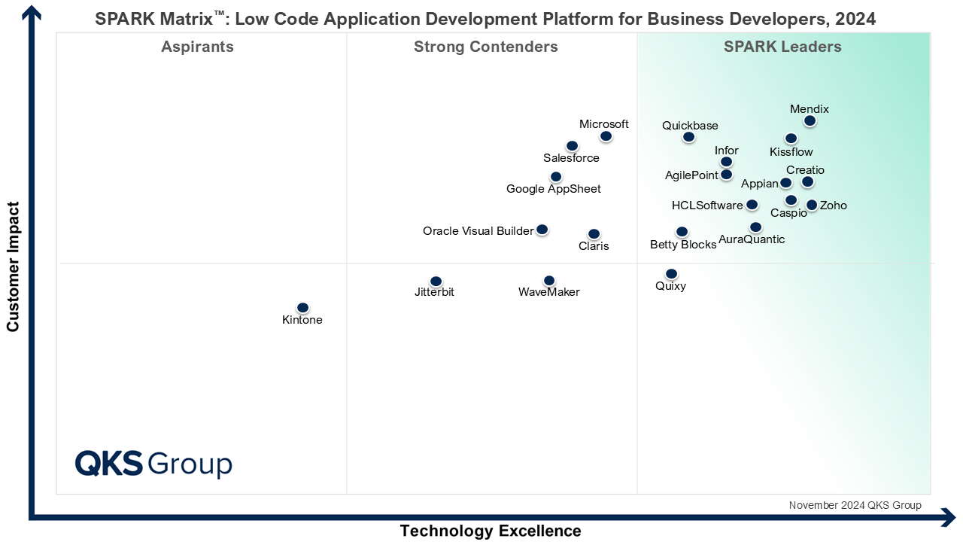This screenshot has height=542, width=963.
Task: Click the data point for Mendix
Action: point(810,120)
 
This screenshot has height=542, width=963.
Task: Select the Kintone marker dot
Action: point(302,308)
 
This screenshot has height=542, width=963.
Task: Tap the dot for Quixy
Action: point(671,274)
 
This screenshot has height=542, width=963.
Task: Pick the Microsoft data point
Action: point(606,136)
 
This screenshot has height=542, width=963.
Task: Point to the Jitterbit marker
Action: point(436,282)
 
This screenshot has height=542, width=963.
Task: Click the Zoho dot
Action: point(812,205)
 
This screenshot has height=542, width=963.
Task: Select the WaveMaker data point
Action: point(549,281)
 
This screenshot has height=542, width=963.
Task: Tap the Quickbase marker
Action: point(688,137)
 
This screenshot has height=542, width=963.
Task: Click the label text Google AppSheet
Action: point(554,189)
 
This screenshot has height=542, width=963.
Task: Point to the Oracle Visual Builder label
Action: point(478,231)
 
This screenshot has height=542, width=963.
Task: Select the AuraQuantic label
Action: point(752,239)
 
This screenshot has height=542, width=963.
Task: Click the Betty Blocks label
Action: point(683,245)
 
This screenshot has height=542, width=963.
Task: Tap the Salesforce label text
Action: point(571,158)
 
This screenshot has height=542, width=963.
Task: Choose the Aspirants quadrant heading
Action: point(197,47)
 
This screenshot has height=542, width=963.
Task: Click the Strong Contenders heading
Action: point(486,47)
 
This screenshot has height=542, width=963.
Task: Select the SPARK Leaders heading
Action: point(782,47)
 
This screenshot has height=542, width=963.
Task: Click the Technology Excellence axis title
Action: point(491,531)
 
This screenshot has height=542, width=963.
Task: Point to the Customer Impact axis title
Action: point(13,266)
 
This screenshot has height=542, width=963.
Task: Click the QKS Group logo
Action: point(153,463)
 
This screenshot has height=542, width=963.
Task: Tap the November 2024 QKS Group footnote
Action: point(855,505)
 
